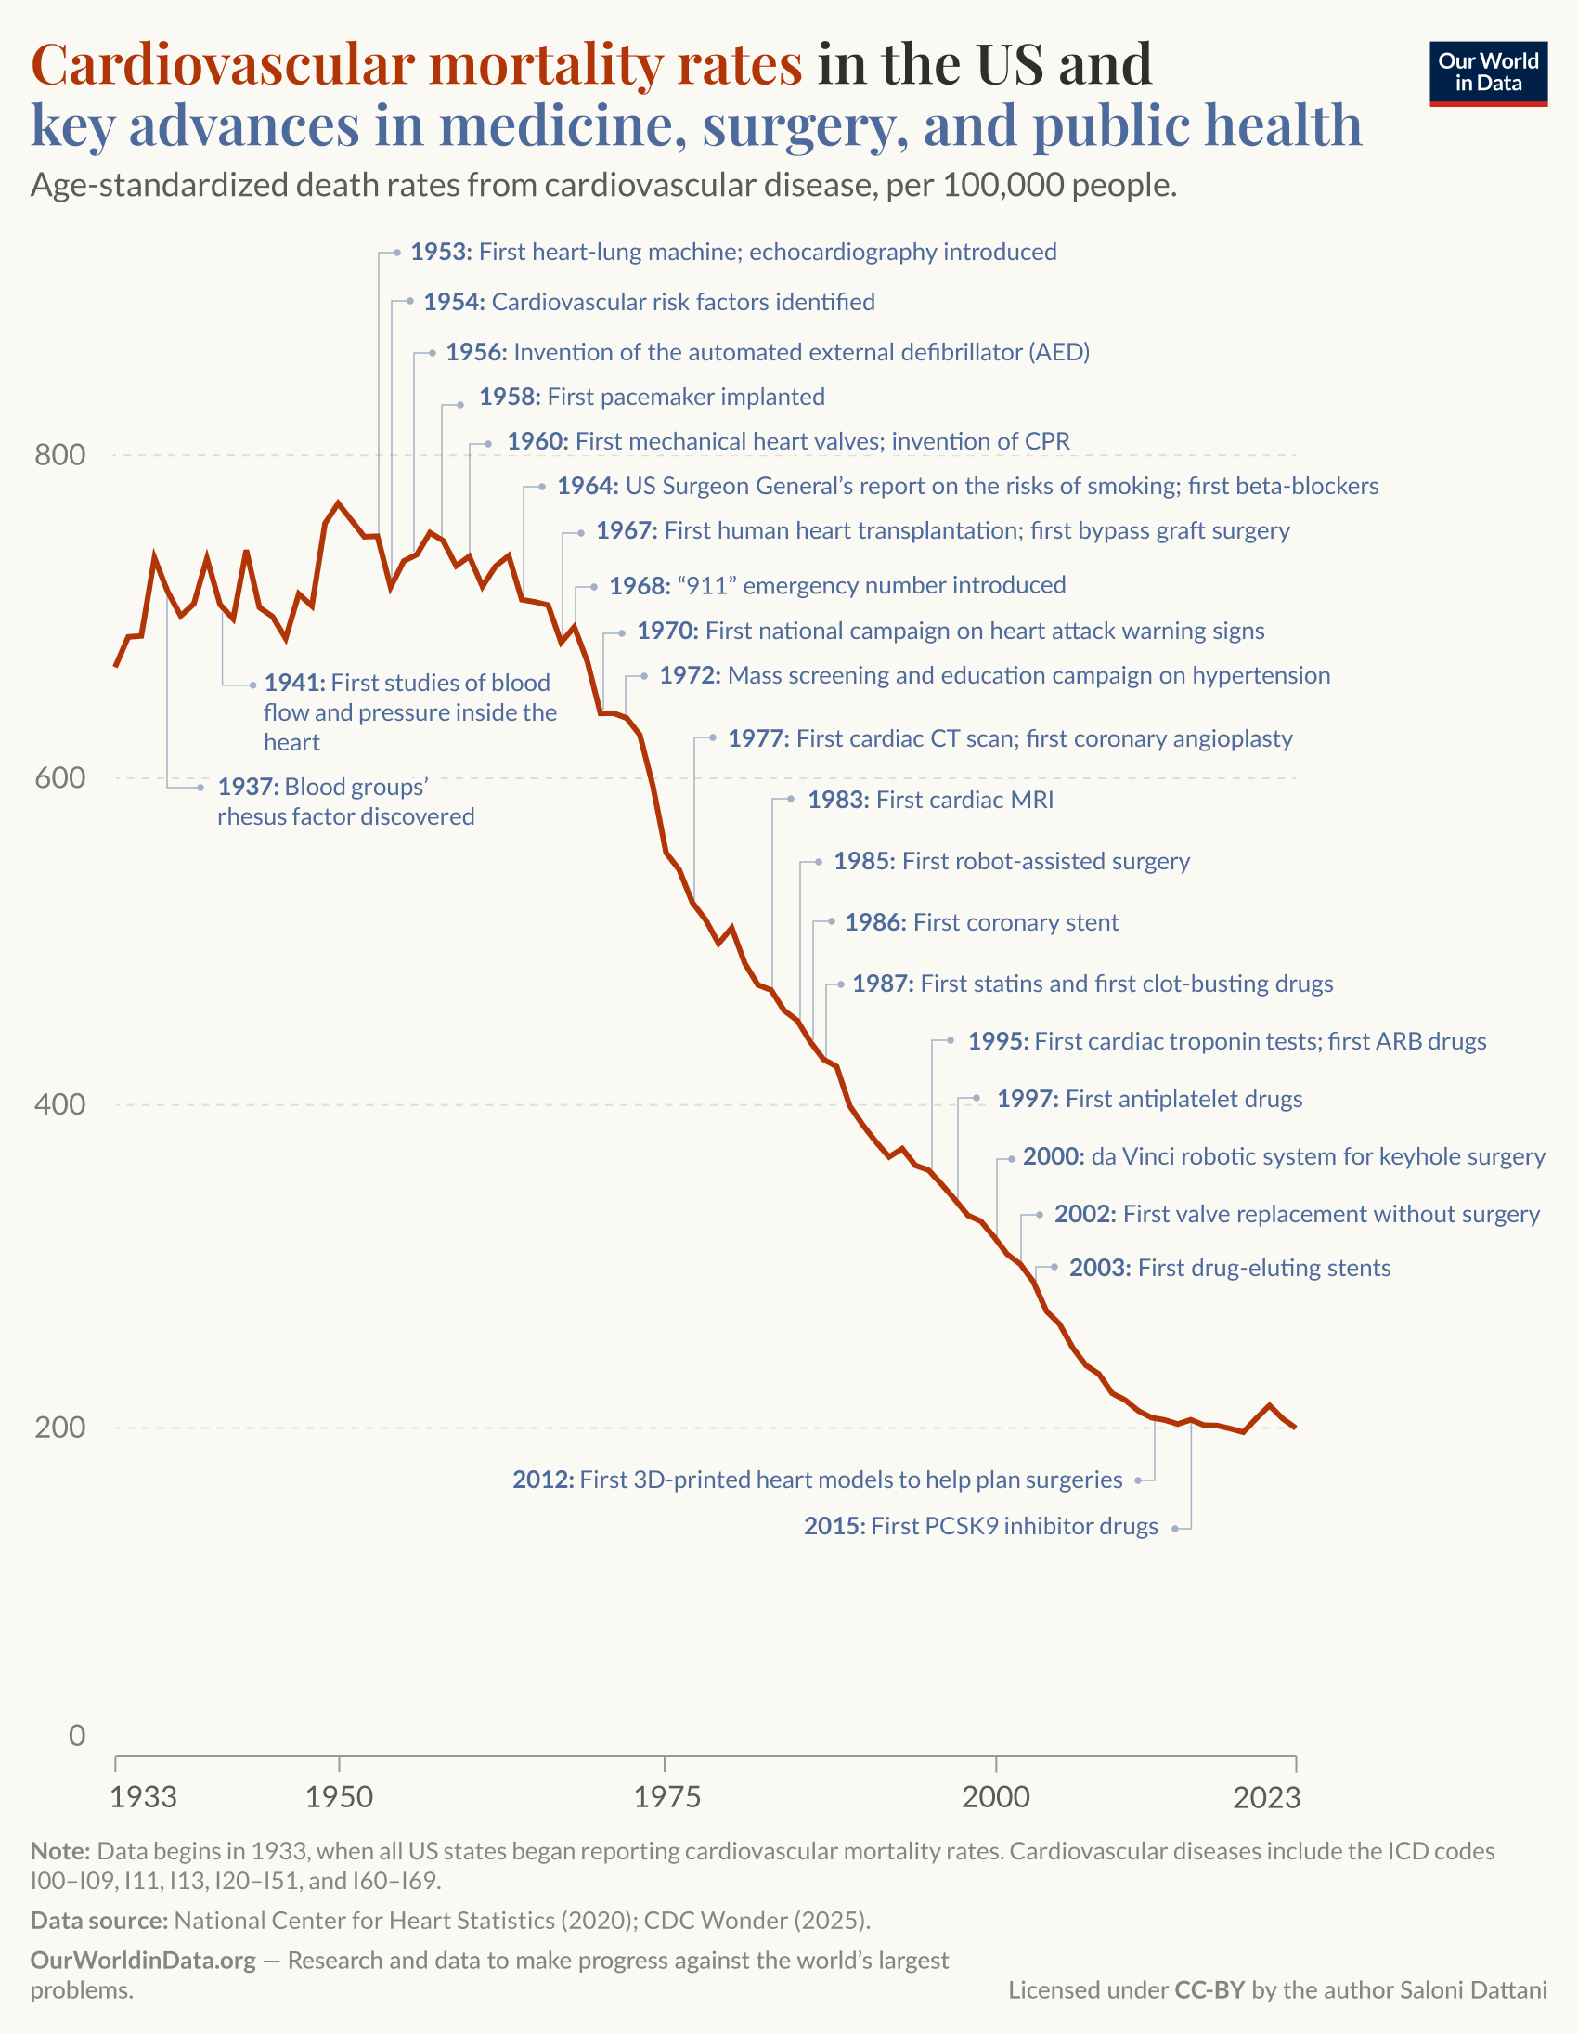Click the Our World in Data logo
click(1488, 73)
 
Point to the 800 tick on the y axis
click(59, 454)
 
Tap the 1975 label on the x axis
click(666, 1796)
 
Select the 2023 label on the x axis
click(1266, 1796)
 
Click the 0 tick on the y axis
click(76, 1735)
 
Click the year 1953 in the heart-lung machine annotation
click(440, 253)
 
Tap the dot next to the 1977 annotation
click(712, 737)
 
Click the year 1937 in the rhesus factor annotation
click(248, 787)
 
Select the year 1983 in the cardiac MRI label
click(838, 800)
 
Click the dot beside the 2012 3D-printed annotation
click(1138, 1480)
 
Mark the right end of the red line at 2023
click(1295, 1427)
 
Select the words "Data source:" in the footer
click(98, 1921)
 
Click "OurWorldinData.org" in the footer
click(142, 1961)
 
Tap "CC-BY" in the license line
click(1209, 1990)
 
